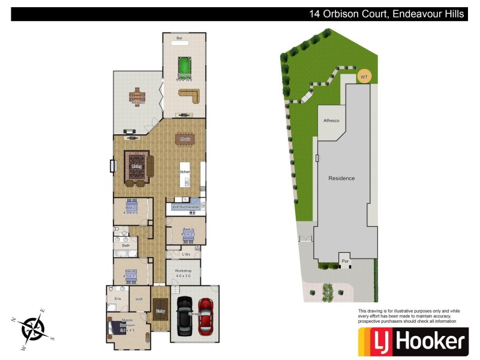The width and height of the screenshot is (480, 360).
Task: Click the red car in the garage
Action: [x=206, y=316]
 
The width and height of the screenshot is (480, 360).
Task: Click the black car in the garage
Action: [x=184, y=316]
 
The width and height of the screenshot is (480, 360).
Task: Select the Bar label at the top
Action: [x=179, y=39]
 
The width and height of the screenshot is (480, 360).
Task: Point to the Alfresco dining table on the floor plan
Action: [x=139, y=95]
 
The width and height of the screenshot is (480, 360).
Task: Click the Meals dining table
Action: [x=185, y=139]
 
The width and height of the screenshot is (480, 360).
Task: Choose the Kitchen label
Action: [x=184, y=172]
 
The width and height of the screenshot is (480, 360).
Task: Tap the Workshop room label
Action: [x=183, y=271]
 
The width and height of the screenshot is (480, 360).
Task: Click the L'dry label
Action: [x=186, y=254]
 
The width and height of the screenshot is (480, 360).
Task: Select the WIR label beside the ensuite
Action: [x=139, y=298]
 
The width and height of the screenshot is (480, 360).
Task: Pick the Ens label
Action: [x=118, y=298]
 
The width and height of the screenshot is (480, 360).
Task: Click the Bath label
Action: [x=126, y=245]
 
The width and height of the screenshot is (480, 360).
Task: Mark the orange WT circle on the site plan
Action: [x=364, y=77]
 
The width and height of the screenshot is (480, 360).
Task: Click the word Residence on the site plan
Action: [x=341, y=178]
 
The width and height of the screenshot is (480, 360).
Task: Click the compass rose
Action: [x=31, y=328]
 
